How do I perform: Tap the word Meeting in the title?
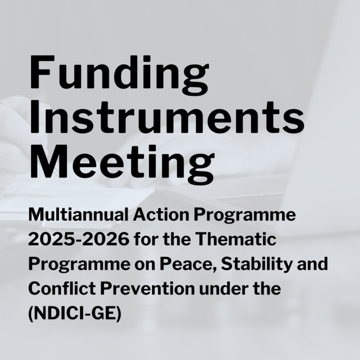(122, 164)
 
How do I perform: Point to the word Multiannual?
(78, 214)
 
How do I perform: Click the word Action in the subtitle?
(161, 214)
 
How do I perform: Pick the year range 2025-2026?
(79, 239)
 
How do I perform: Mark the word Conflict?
(62, 288)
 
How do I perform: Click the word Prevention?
(147, 288)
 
